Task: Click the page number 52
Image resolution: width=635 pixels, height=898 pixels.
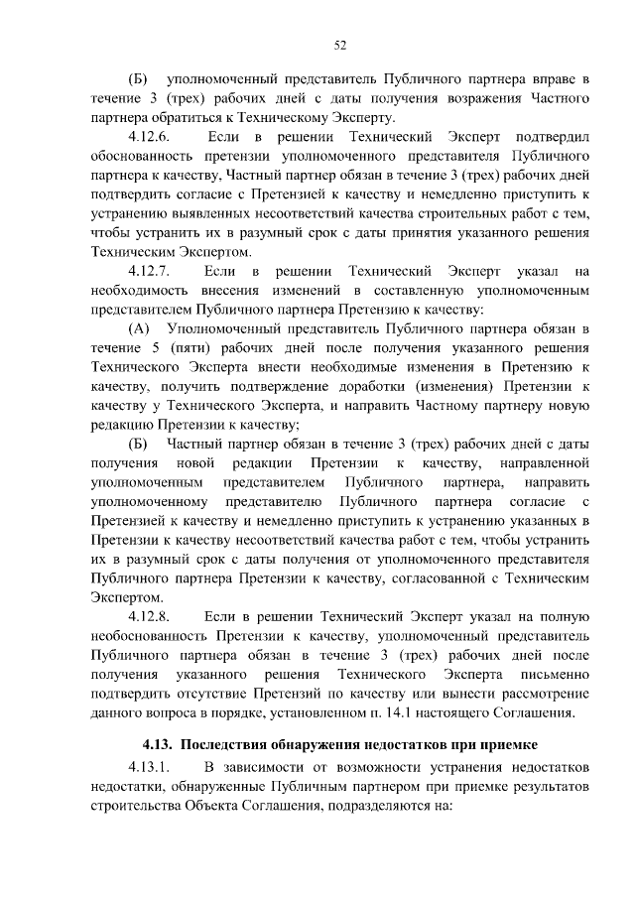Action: [338, 45]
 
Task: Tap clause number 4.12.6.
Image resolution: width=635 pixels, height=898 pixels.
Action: [151, 136]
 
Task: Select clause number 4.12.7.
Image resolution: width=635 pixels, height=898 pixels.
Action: [151, 271]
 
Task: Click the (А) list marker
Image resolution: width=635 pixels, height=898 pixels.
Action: [139, 327]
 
